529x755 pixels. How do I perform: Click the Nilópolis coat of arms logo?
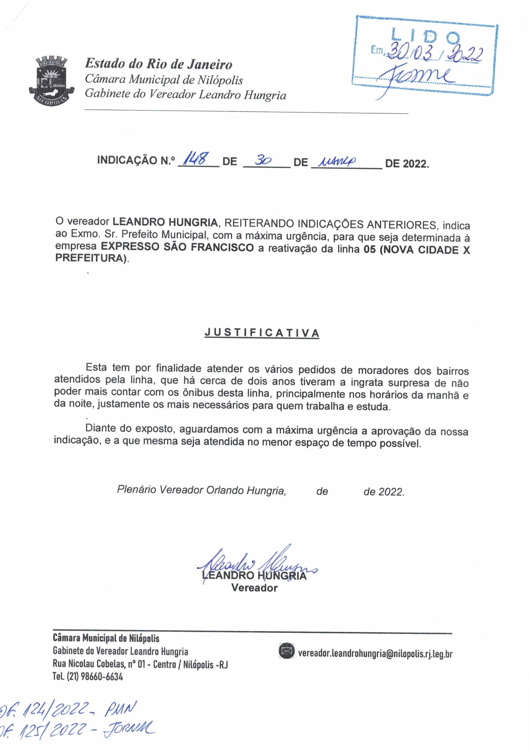tap(52, 80)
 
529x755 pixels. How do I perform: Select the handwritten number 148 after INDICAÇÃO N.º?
tap(195, 160)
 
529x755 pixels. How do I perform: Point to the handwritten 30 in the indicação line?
tap(263, 160)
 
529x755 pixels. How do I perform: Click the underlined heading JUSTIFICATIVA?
tap(262, 333)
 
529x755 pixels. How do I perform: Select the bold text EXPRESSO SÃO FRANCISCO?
tap(177, 247)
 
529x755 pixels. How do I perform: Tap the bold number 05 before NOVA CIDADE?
tap(369, 250)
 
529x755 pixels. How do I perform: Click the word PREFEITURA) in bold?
tap(91, 258)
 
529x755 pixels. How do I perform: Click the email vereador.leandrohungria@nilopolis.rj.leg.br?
tap(375, 654)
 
